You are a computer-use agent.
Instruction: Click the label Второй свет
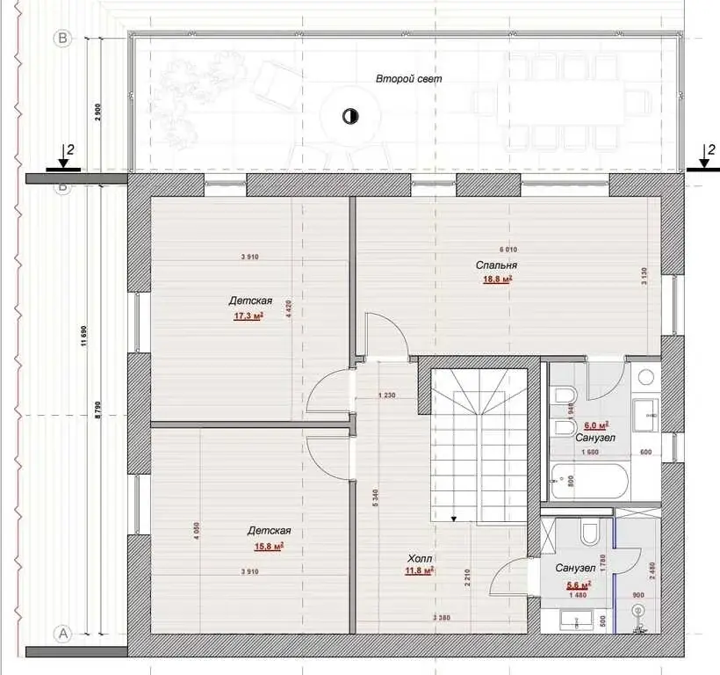[408, 79]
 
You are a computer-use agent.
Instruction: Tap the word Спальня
[495, 265]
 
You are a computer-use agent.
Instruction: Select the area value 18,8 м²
[497, 280]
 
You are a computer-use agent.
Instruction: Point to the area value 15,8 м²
[268, 547]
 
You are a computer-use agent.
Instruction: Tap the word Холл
[420, 558]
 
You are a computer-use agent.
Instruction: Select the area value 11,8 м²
[420, 571]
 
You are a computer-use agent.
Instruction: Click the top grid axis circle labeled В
[62, 38]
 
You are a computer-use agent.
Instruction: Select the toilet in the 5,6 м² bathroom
[589, 532]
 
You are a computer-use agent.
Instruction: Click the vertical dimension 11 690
[84, 337]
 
